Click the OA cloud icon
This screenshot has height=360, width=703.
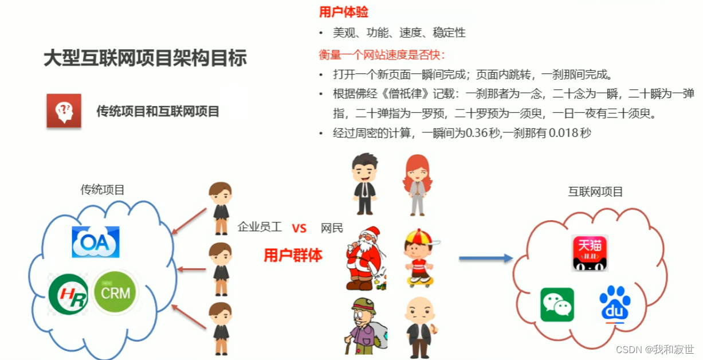coord(96,242)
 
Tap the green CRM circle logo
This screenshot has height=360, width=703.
coord(116,293)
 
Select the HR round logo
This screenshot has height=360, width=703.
coord(68,294)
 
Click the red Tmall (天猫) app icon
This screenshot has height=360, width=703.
coord(590,253)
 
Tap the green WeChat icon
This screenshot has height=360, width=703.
coord(557,304)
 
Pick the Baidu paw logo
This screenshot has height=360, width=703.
coord(615,304)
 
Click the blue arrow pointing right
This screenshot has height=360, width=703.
coord(485,259)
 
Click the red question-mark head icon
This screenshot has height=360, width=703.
coord(64,111)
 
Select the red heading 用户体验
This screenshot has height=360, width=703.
coord(343,12)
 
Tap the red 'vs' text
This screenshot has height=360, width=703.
coord(299,228)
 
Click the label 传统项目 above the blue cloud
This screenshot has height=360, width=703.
coord(103,190)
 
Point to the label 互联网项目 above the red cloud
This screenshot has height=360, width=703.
coord(595,191)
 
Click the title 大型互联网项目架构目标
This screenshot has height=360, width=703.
coord(146,58)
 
